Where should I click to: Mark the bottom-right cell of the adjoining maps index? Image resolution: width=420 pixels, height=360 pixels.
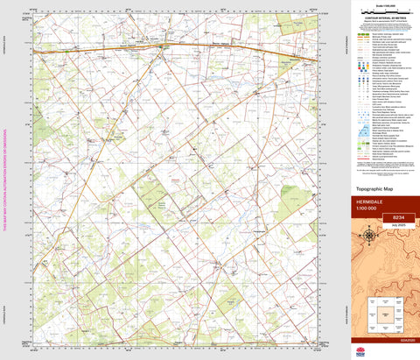pyautogui.click(x=399, y=327)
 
